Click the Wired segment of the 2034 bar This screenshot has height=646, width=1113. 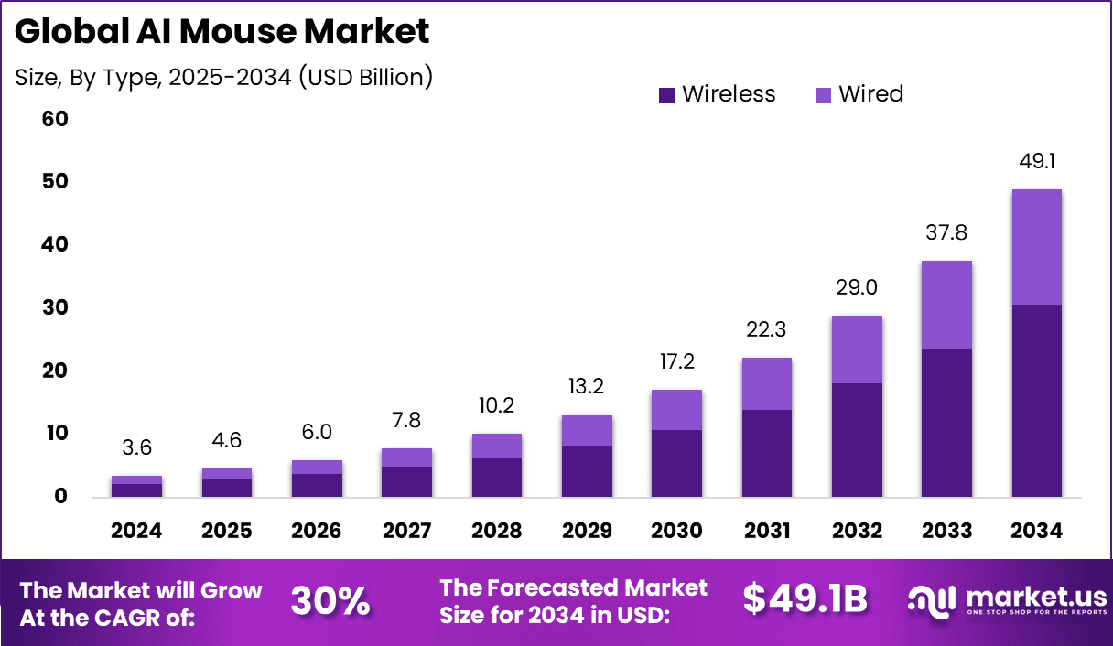click(1036, 247)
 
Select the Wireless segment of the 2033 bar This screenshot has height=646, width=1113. click(946, 423)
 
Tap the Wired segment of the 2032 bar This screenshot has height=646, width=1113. click(857, 350)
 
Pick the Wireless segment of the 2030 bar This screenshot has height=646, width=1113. click(676, 463)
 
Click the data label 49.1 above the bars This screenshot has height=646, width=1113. click(1036, 162)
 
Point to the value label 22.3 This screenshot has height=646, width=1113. click(767, 329)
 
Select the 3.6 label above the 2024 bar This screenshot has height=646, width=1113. click(137, 447)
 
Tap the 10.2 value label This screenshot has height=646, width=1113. click(497, 405)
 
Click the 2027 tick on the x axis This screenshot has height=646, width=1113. click(406, 532)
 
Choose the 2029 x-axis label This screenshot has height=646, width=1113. click(587, 532)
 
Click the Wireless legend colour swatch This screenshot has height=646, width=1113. click(666, 94)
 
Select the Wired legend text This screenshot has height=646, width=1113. click(870, 93)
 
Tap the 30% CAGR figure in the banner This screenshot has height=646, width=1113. click(330, 600)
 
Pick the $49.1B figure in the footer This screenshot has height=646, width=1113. click(805, 599)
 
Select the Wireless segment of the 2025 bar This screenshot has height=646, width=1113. click(227, 488)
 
